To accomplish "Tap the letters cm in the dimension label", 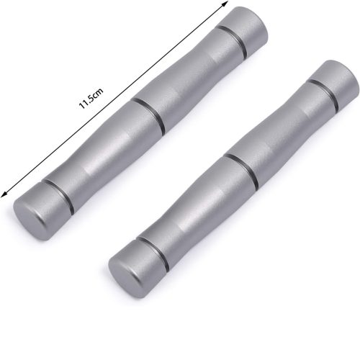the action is click(99, 92).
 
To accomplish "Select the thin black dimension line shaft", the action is click(114, 99).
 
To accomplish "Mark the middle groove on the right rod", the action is click(241, 171).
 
